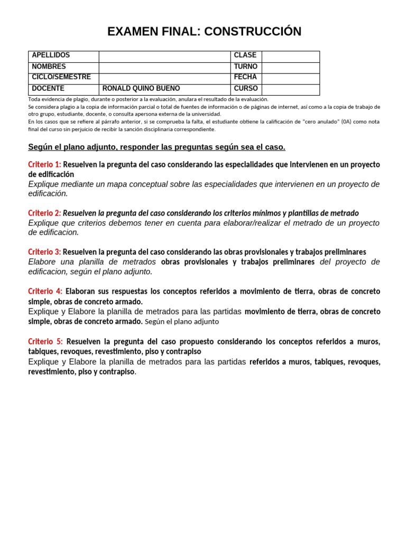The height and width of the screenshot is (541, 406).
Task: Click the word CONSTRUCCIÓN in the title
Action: click(x=253, y=32)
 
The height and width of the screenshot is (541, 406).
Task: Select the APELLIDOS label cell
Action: click(x=51, y=55)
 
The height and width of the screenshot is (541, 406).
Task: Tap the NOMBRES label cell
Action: click(x=49, y=67)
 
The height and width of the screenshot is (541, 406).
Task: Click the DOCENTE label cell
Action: click(x=48, y=89)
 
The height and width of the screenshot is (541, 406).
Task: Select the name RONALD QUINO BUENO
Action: click(x=141, y=89)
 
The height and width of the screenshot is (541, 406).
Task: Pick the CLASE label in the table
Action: click(x=245, y=55)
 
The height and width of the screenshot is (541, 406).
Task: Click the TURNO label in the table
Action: click(x=246, y=67)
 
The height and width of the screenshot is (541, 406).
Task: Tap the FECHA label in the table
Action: click(x=245, y=77)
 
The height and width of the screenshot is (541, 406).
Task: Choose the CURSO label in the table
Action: click(x=246, y=89)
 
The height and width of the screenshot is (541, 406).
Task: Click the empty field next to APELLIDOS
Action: click(x=164, y=56)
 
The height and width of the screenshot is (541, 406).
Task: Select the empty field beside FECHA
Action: click(x=290, y=78)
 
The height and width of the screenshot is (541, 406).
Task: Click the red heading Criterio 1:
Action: click(x=44, y=165)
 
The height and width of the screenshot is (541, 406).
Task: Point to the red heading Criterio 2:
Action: click(x=44, y=213)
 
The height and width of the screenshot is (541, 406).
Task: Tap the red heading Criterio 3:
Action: click(x=44, y=253)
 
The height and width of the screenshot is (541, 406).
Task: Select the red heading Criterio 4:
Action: click(x=45, y=292)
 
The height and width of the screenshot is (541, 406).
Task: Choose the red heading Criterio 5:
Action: click(x=45, y=342)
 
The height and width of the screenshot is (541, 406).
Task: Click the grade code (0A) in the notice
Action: click(x=346, y=122)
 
